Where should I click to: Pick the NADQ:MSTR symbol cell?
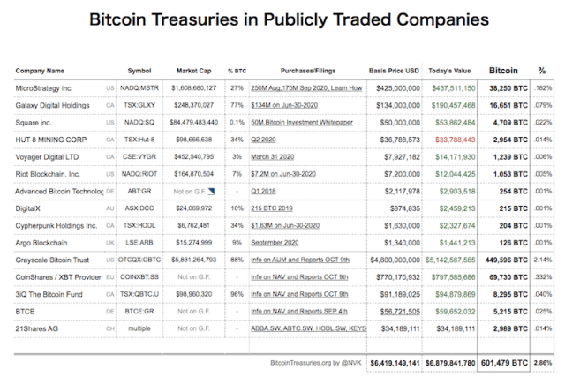tap(140, 88)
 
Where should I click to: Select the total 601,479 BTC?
tap(504, 362)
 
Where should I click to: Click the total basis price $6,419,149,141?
tap(394, 362)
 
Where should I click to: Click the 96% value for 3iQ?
tap(236, 295)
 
